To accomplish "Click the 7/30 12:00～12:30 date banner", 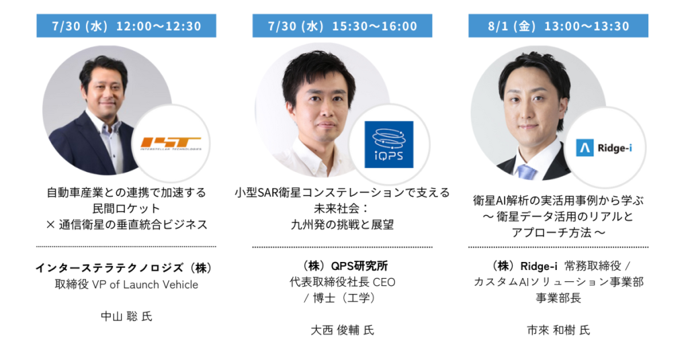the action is (x=126, y=26).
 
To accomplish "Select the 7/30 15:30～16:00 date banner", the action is (x=342, y=26).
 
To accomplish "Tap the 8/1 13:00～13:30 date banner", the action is (x=558, y=26).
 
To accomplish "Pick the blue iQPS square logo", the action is (x=389, y=144).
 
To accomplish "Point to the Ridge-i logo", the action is (x=604, y=148).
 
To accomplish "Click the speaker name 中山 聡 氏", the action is (x=126, y=316).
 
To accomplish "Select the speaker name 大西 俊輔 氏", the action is (x=342, y=330).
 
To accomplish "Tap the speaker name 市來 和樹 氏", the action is (x=558, y=330).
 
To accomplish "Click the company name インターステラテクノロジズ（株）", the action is (x=124, y=267).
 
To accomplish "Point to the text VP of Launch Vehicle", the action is (x=145, y=285).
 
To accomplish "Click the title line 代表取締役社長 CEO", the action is (x=342, y=282).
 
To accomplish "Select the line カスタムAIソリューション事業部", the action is (x=558, y=282).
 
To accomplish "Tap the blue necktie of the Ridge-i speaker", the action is (x=526, y=172).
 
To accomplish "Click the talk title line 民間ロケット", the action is (x=126, y=208).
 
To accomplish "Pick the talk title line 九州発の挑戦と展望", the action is (x=342, y=224).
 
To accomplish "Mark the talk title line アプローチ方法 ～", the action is (x=558, y=232).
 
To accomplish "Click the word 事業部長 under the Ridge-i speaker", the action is (x=558, y=298).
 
